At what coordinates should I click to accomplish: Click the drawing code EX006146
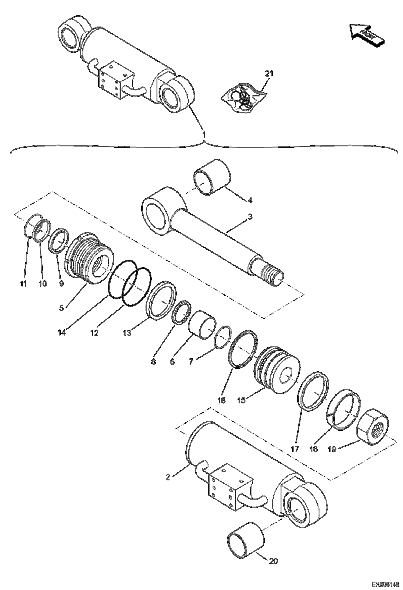click(x=385, y=584)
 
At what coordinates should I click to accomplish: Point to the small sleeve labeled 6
click(x=202, y=325)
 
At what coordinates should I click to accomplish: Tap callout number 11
click(x=23, y=284)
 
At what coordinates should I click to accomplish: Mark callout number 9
click(x=61, y=284)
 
